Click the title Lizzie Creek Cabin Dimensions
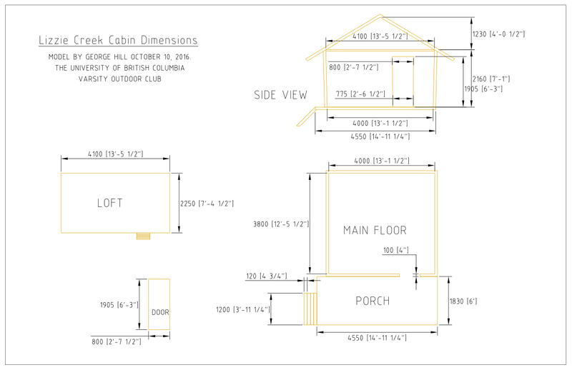pos(118,40)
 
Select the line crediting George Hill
pos(120,57)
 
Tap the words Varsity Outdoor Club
pos(120,79)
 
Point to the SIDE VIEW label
pos(280,95)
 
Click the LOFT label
pos(110,203)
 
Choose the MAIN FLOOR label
pos(375,231)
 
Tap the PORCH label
pos(373,301)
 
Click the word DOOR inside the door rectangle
pos(160,312)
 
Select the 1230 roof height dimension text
pos(498,34)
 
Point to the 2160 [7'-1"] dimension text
pos(491,79)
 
